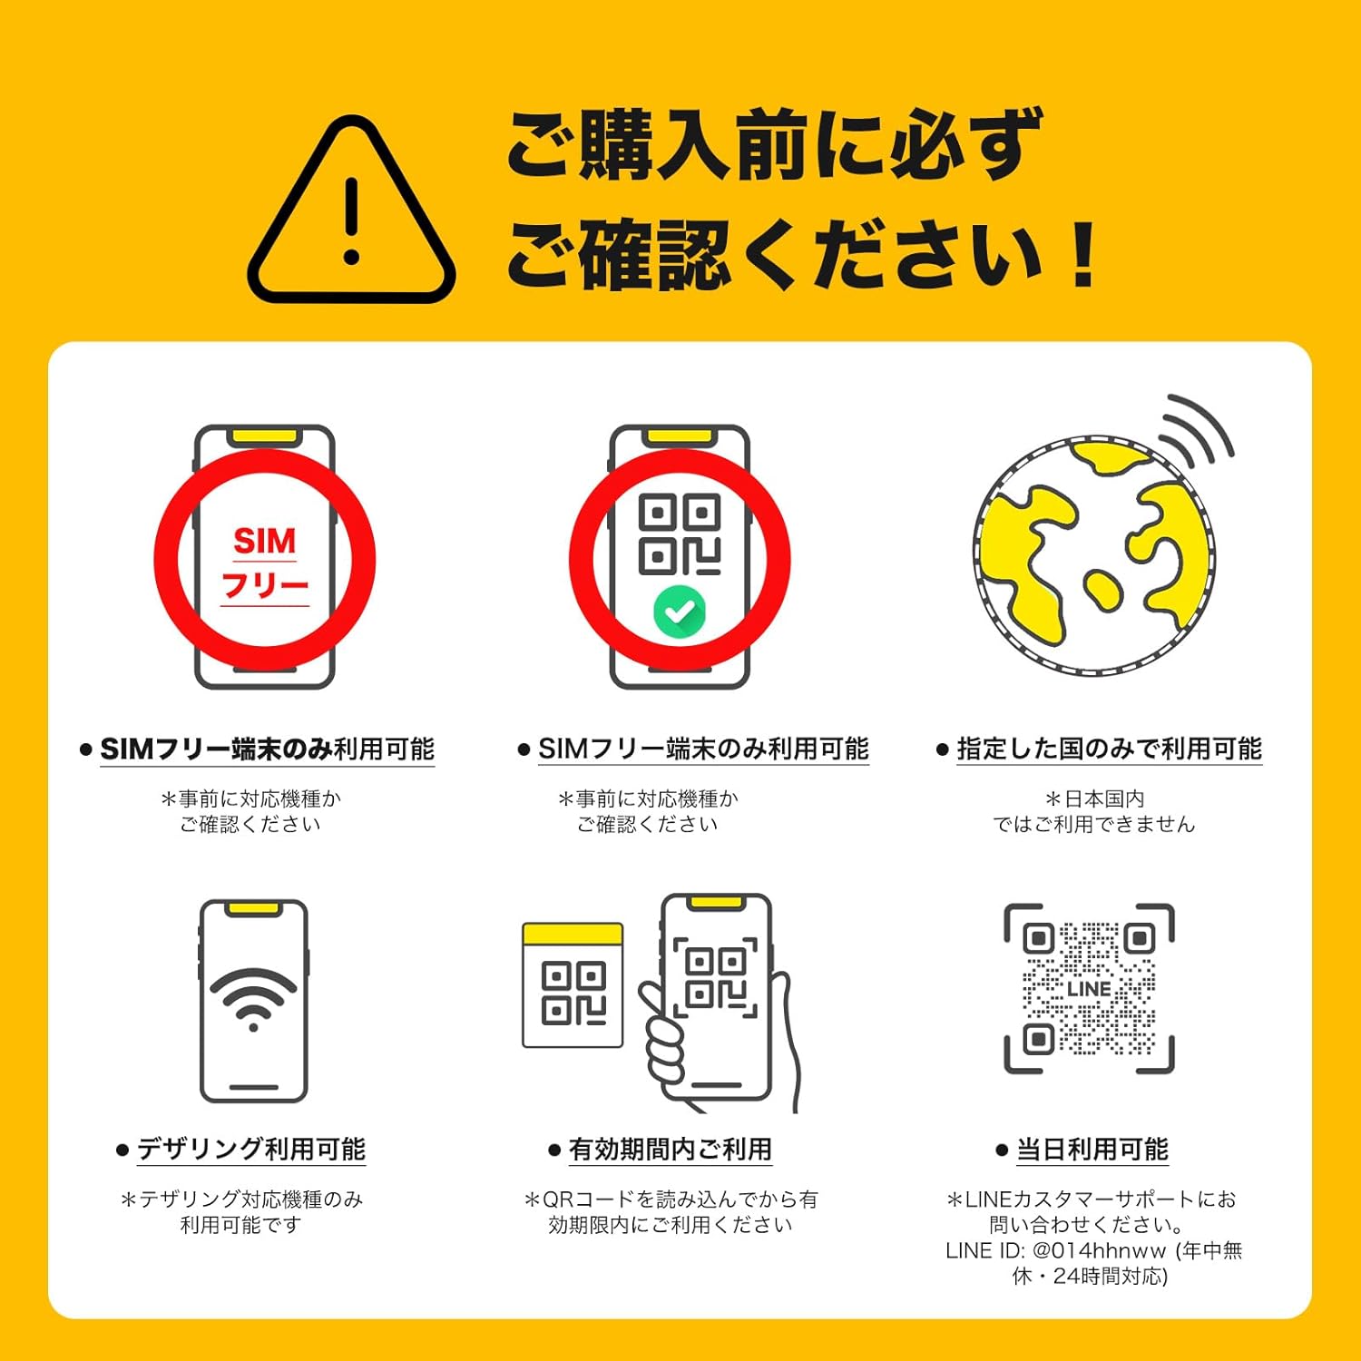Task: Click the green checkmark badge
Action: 680,612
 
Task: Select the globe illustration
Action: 1093,556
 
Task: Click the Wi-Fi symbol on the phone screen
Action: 253,998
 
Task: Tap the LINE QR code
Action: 1089,989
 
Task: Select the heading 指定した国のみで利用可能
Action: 1109,749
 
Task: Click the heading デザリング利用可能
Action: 251,1150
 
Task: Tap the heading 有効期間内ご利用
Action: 670,1150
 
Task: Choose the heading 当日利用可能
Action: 1092,1150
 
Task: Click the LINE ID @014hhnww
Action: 1099,1250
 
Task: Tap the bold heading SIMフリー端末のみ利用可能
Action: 267,749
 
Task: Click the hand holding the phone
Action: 690,1043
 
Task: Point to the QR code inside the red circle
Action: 680,535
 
